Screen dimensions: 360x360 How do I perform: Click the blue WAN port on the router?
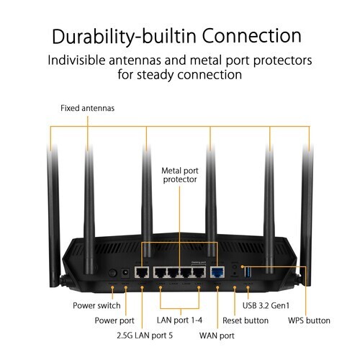point(217,273)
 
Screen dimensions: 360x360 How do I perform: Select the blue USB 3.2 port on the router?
point(249,271)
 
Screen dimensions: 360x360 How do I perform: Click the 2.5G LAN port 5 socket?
point(143,273)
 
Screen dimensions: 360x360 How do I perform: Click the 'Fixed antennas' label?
point(87,108)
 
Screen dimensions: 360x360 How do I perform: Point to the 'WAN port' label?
point(217,336)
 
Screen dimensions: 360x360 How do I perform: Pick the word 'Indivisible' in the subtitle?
point(78,60)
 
